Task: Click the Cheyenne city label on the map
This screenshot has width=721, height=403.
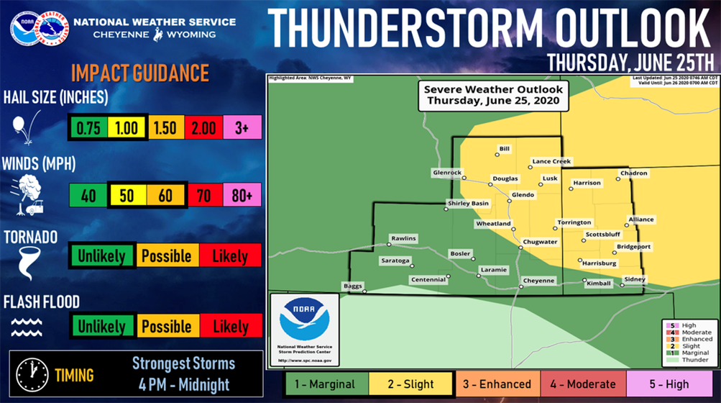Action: (539, 281)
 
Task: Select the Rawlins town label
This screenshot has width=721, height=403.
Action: (403, 238)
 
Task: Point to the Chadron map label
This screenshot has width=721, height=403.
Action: (633, 173)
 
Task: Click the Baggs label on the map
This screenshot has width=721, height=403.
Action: (352, 286)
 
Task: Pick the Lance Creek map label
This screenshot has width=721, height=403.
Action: (551, 162)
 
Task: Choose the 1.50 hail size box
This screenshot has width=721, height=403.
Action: (166, 127)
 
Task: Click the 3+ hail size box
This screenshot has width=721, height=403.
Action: (242, 127)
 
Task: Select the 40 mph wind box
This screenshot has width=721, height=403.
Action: (88, 195)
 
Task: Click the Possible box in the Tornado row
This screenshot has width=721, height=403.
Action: (166, 256)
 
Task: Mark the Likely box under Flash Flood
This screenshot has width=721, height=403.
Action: (230, 326)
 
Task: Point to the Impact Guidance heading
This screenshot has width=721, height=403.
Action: (139, 73)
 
